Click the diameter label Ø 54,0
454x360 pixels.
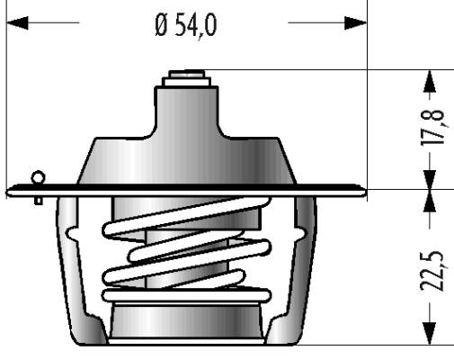point(186,26)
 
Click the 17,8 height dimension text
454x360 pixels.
point(432,128)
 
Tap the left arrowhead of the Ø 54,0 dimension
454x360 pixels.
point(17,22)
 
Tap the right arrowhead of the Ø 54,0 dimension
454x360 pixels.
point(355,22)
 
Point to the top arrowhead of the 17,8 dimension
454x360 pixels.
point(430,80)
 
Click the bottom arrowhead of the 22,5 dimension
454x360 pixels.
point(430,334)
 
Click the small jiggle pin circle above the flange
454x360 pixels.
point(39,177)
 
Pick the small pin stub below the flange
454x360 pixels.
point(39,201)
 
